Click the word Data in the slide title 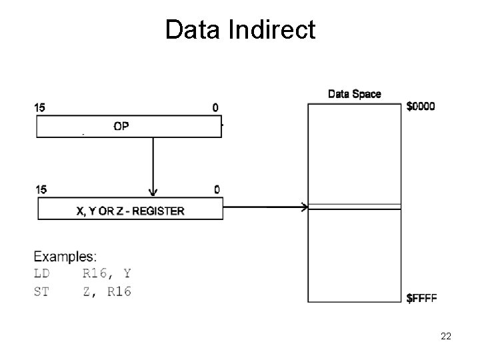(x=194, y=30)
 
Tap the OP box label (x=121, y=127)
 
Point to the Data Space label (x=354, y=94)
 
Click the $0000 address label (x=421, y=107)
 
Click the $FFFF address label (x=421, y=299)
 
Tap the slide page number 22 (x=446, y=337)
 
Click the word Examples (x=65, y=256)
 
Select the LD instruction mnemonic (x=41, y=273)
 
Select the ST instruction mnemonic (x=41, y=291)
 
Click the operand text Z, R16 (x=107, y=291)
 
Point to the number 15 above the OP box (x=41, y=107)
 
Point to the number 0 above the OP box (x=215, y=107)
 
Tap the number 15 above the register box (x=41, y=189)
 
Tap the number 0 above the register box (x=217, y=189)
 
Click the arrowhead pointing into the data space (x=304, y=208)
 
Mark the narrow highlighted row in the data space (x=354, y=207)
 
